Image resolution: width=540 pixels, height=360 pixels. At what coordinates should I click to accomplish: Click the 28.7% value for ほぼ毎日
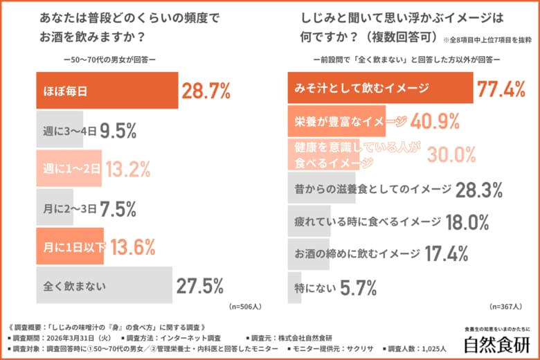coord(206,90)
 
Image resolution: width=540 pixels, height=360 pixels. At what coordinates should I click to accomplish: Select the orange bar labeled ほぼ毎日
coord(107,90)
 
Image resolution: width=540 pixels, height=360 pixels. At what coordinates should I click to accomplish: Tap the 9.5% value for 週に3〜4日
coord(118,129)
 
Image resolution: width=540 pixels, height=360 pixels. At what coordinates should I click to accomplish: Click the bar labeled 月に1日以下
coord(70,247)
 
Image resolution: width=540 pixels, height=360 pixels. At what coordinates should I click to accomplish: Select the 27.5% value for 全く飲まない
coord(199,286)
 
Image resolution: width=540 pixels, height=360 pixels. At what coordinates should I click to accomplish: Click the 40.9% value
coord(435,122)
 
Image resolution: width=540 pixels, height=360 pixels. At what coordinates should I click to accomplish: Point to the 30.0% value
coord(451,154)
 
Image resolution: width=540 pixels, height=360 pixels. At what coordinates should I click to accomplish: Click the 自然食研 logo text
coord(497,343)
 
